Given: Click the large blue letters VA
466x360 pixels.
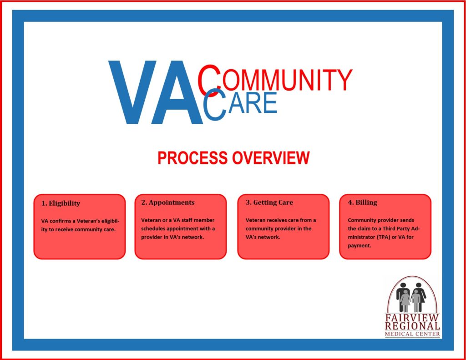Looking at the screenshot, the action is click(x=155, y=92).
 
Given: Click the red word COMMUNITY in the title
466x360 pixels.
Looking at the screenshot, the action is click(x=275, y=78).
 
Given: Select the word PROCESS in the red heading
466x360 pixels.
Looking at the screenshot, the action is click(x=192, y=157).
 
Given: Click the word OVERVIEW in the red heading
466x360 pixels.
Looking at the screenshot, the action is click(x=271, y=157).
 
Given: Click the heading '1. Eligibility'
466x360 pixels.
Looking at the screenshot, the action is click(x=61, y=203).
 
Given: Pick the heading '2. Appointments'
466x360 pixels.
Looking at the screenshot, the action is click(x=168, y=203).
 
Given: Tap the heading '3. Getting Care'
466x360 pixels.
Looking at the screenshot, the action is click(x=269, y=203).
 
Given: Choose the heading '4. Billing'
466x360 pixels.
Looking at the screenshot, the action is click(x=363, y=203).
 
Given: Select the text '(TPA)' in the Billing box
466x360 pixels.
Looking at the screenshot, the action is click(x=384, y=237).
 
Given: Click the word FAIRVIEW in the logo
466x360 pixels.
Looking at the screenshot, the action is click(x=412, y=318).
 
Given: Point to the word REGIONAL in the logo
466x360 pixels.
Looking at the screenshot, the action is click(x=412, y=326).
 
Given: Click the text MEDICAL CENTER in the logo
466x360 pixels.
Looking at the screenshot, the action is click(x=412, y=334).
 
